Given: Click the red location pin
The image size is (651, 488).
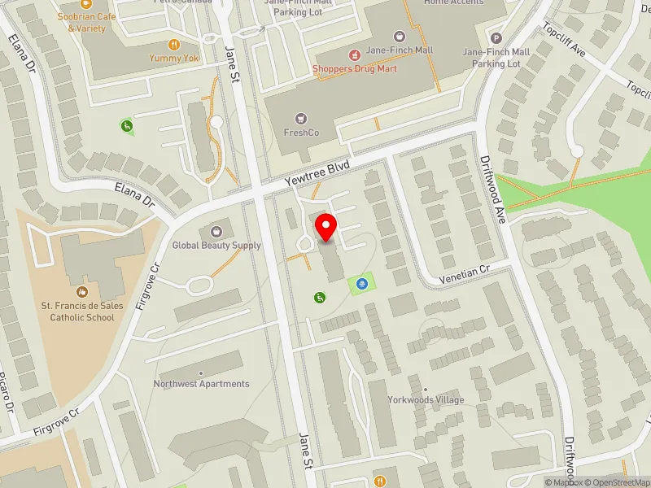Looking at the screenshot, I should click(326, 227).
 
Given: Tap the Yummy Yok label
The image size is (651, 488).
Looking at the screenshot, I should click(173, 59).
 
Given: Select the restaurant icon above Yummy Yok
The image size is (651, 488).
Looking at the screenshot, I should click(173, 45).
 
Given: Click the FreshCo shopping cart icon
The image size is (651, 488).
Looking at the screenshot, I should click(301, 119).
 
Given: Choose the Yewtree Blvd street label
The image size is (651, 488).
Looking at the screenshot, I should click(317, 173).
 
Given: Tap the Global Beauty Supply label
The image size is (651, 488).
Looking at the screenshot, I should click(216, 245).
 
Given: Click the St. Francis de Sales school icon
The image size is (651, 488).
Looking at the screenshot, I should click(81, 291).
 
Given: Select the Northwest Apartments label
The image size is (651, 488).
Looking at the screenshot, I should click(201, 384).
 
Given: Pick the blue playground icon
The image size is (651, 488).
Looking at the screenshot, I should click(362, 283).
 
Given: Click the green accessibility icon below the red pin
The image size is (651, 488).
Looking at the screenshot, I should click(319, 298).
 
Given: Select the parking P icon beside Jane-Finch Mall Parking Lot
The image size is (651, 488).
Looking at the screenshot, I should click(496, 37).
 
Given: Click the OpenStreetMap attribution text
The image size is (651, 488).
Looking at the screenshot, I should click(615, 482).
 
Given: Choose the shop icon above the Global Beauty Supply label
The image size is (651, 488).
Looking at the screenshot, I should click(216, 231).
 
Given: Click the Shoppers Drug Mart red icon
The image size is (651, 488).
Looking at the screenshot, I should click(354, 55).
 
